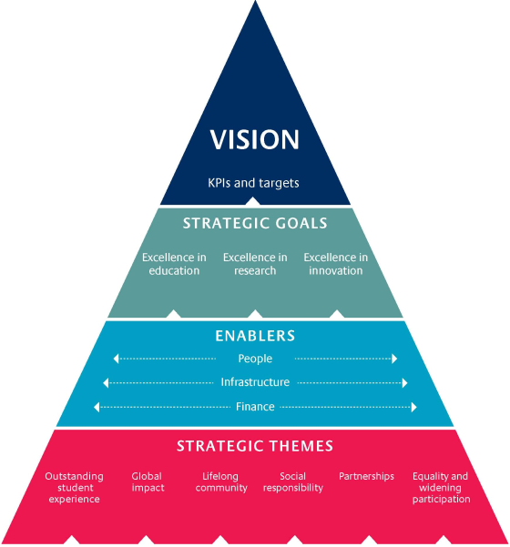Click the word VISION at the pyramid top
[255, 139]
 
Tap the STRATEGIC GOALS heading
[255, 224]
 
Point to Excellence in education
[174, 264]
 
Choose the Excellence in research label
[255, 264]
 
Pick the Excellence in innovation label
[336, 264]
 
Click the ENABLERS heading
[255, 336]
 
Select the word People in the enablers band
[255, 360]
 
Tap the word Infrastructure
[255, 383]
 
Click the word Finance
[255, 407]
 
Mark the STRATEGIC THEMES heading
[255, 446]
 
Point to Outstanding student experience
[74, 488]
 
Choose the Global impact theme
[148, 482]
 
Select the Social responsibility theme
[293, 482]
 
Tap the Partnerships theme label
[366, 476]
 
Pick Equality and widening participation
[441, 488]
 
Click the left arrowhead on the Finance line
[97, 407]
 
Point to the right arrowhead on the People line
[394, 360]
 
